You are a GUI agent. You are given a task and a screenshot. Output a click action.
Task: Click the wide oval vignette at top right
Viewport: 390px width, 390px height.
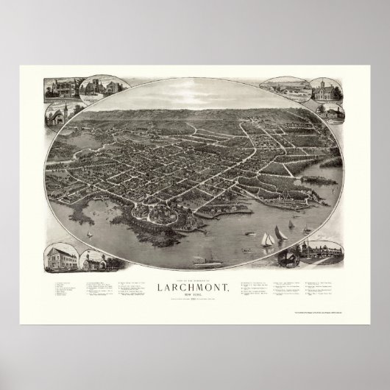pyautogui.click(x=291, y=89)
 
